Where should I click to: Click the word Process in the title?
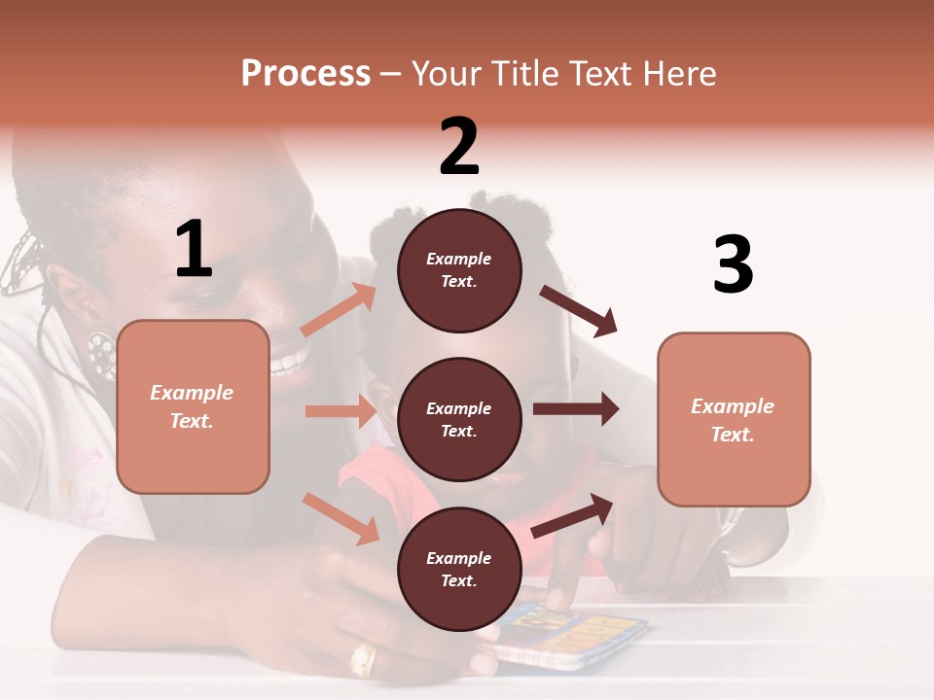(x=305, y=73)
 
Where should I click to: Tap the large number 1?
(x=194, y=249)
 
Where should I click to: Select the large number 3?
(x=733, y=264)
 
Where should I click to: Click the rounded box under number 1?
(x=193, y=406)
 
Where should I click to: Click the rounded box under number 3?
(x=734, y=419)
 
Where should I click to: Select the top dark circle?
(x=459, y=270)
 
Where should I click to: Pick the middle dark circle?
(x=459, y=419)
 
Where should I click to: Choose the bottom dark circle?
(x=459, y=569)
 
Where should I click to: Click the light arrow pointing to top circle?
(x=339, y=310)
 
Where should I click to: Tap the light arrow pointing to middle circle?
(x=341, y=411)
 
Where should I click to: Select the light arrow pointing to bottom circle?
(x=341, y=517)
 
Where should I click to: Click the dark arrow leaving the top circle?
(x=580, y=310)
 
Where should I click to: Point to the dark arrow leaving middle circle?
(x=576, y=409)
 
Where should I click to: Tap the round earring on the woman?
(x=101, y=355)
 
